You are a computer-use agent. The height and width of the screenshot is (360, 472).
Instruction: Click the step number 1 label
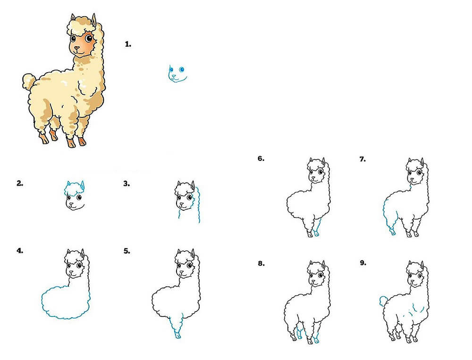128,44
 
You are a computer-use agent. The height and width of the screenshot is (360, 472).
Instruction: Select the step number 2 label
20,183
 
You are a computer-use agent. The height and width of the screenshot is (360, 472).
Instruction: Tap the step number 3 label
126,184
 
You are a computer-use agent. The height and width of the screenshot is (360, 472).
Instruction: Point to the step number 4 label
20,251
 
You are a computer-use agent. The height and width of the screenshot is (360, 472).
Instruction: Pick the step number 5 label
126,251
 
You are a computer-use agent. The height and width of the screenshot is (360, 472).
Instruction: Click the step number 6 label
261,159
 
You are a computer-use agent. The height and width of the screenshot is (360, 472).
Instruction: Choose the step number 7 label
362,159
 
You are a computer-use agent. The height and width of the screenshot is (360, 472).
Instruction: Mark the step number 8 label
261,263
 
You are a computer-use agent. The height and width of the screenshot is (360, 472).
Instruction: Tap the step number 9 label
363,263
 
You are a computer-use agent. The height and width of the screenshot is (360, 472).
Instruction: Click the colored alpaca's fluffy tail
29,80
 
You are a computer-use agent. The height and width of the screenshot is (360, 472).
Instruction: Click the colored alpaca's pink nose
77,48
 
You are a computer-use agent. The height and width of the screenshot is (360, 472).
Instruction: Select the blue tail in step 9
383,301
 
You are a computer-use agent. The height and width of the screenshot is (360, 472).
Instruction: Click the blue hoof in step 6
316,234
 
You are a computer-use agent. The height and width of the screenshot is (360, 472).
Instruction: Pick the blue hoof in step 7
393,232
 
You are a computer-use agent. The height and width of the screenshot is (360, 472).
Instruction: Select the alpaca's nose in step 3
182,204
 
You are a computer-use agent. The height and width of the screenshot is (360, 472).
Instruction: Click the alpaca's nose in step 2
71,204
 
